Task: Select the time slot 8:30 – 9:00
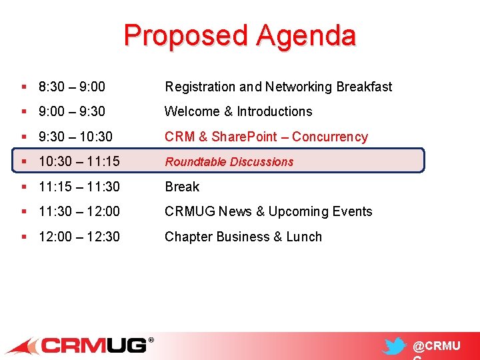click(x=71, y=87)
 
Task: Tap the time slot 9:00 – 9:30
click(x=71, y=111)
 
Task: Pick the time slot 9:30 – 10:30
click(x=75, y=137)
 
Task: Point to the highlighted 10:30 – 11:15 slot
click(x=79, y=161)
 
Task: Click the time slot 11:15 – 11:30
click(x=79, y=187)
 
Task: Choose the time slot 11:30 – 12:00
click(x=79, y=211)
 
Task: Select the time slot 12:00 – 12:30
click(x=79, y=237)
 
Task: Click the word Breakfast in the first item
click(x=364, y=87)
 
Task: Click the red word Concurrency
click(x=329, y=137)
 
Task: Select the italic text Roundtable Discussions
click(x=229, y=161)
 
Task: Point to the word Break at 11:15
click(x=182, y=187)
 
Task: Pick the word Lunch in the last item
click(x=304, y=237)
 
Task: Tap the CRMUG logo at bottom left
click(x=80, y=345)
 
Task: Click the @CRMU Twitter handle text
click(x=437, y=346)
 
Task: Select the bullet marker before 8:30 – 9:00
click(x=24, y=87)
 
